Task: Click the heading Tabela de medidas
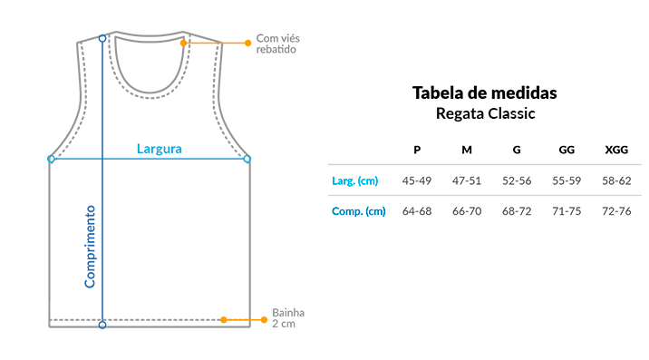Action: pos(484,92)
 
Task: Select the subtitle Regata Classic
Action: pos(486,113)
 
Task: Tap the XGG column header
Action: pos(616,150)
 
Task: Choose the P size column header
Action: pos(417,150)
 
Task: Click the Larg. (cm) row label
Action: pos(354,180)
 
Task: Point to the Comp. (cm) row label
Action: pos(358,211)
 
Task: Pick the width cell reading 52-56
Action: pos(517,180)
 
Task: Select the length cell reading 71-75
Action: pos(567,211)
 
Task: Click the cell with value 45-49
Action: pos(417,180)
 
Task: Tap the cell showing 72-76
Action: pos(616,211)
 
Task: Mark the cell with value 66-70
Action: pos(467,211)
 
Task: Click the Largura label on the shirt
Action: pos(160,149)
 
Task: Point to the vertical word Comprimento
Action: pos(90,247)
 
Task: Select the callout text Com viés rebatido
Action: pos(277,44)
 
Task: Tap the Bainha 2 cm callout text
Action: pos(288,317)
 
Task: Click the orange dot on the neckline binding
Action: pos(184,43)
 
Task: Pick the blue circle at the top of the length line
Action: pos(102,38)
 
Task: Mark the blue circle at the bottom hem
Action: pos(102,326)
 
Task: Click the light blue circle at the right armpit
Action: pos(247,159)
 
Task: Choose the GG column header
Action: pos(567,150)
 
